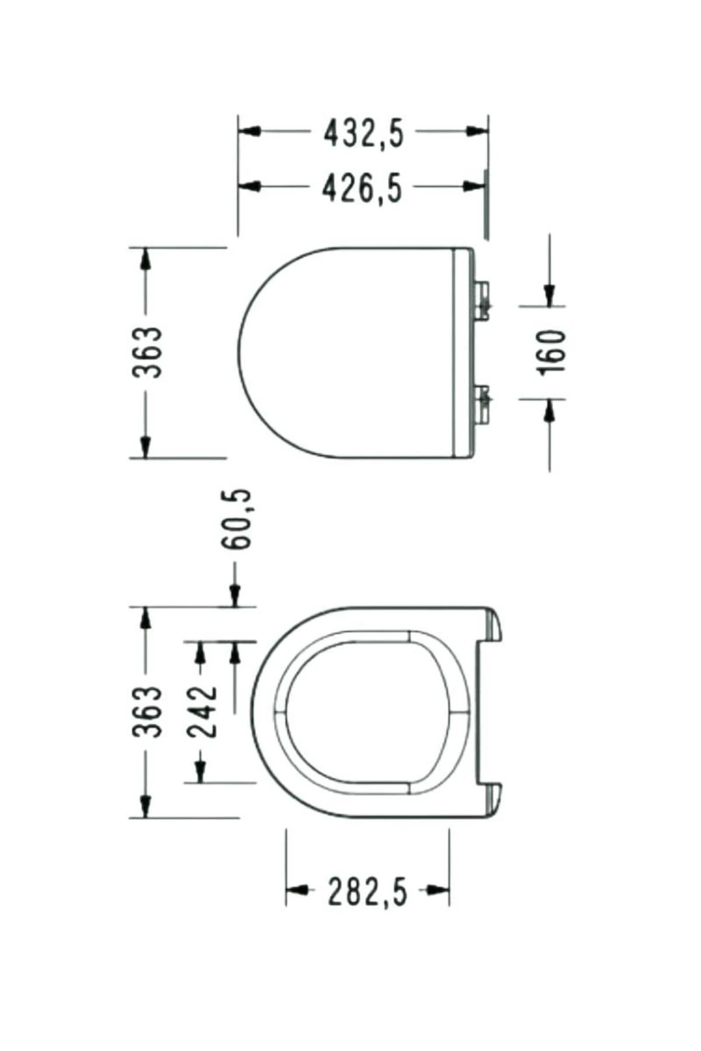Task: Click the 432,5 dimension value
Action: [364, 134]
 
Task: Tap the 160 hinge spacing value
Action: [552, 353]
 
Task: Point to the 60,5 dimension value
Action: [236, 519]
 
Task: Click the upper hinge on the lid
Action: [483, 301]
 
